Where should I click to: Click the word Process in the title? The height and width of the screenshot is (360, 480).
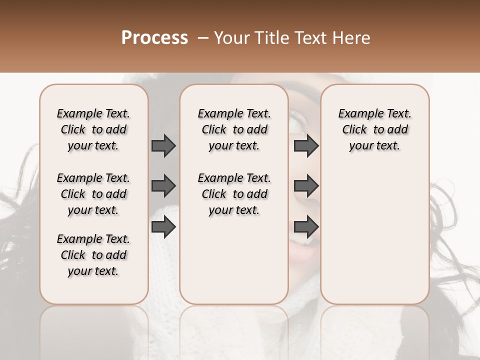click(x=154, y=38)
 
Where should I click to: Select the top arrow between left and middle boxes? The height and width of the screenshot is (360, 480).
click(x=163, y=145)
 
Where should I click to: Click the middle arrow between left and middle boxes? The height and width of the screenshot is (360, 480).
click(x=163, y=186)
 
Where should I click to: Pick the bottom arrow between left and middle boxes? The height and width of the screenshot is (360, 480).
click(x=163, y=227)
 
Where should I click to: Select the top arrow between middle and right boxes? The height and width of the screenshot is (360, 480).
click(x=306, y=145)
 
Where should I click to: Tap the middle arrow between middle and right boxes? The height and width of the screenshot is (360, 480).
click(x=306, y=186)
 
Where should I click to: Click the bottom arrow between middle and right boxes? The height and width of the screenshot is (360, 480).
click(x=306, y=227)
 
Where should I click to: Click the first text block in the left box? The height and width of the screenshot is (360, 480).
click(x=93, y=129)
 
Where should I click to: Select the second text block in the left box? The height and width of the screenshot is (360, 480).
click(x=93, y=194)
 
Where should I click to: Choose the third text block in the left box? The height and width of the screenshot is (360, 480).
click(x=93, y=255)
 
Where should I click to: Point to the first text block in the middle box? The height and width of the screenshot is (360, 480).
click(x=234, y=129)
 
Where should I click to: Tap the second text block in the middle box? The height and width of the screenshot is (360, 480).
click(x=234, y=194)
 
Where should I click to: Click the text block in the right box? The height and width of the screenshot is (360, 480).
click(x=374, y=129)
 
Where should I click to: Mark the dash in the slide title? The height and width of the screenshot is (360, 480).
click(x=202, y=38)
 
